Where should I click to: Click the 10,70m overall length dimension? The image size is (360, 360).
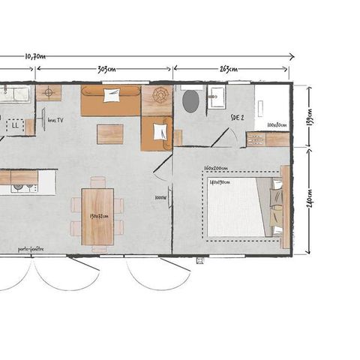pos(35,55)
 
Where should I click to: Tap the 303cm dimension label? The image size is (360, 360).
pos(106,69)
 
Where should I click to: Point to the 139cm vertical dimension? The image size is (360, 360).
pos(309,116)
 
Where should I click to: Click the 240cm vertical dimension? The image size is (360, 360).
pos(309,200)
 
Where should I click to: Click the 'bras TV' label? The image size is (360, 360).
pos(54,119)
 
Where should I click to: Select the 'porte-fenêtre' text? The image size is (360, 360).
pos(31,249)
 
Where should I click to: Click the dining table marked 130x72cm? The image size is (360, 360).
pos(98,216)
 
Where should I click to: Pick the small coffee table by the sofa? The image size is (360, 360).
pos(109,133)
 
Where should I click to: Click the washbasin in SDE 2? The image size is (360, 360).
pos(219,96)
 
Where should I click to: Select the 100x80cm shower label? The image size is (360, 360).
pos(275,124)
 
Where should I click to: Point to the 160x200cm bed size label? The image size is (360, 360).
pos(217,168)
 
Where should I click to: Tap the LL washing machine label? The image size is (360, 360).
pos(16,126)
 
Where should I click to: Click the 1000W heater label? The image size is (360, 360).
pos(160,198)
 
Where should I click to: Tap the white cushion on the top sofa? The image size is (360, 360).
pos(112,95)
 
